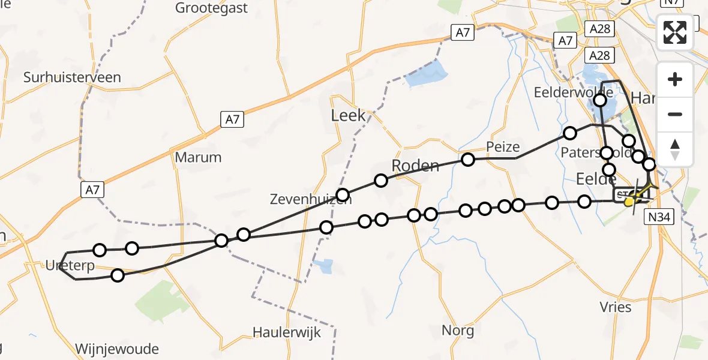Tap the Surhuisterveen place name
click(72, 77)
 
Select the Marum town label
click(198, 157)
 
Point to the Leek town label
click(348, 115)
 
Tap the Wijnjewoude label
click(118, 349)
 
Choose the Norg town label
click(458, 330)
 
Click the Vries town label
click(616, 307)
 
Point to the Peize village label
click(503, 147)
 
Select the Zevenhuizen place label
click(310, 200)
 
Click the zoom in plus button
click(675, 80)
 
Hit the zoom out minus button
click(675, 114)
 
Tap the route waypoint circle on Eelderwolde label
click(599, 100)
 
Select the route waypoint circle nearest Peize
click(468, 160)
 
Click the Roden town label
click(415, 165)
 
